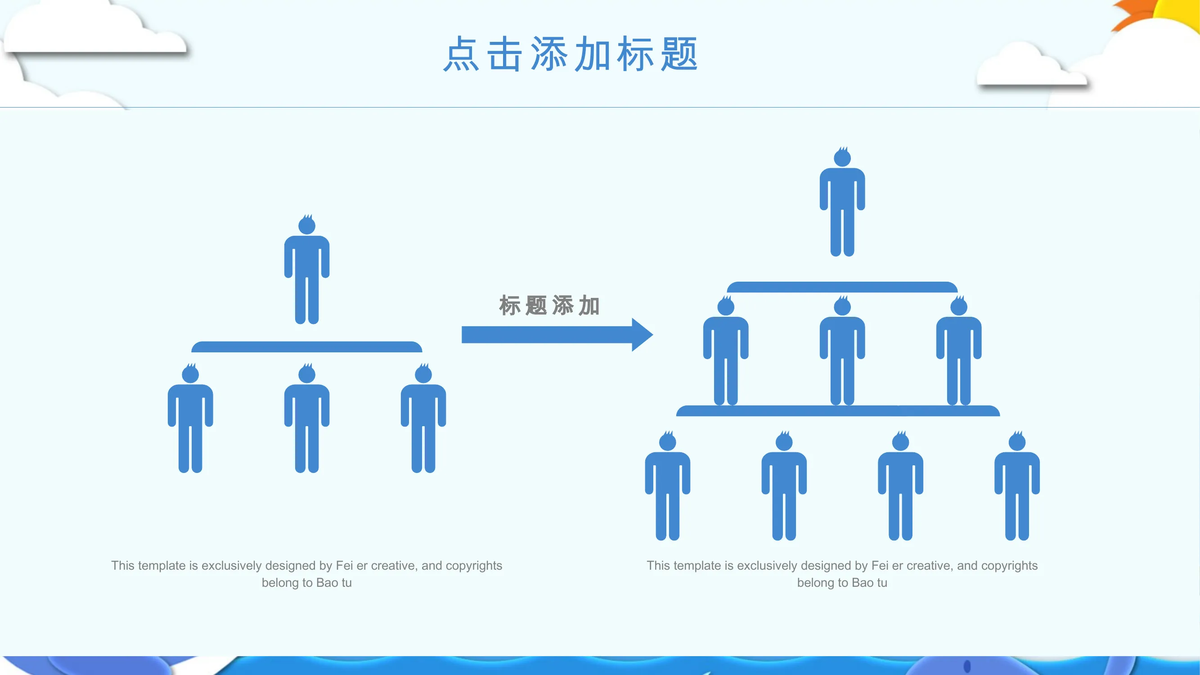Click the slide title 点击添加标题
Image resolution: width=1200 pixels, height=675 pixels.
pos(570,54)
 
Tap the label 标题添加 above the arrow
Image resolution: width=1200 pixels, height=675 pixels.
pos(549,306)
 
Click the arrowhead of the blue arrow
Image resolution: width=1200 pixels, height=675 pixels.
pos(643,334)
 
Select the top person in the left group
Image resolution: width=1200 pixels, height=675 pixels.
pos(307,269)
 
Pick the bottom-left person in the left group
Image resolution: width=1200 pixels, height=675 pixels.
pos(190,418)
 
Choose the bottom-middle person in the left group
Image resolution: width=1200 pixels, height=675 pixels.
pos(307,418)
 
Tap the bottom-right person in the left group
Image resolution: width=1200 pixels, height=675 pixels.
pos(423,418)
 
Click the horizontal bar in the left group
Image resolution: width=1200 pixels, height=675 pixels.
pos(307,346)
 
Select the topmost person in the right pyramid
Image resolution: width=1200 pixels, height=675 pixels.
pos(842,201)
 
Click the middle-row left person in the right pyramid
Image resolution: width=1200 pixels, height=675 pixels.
pos(726,350)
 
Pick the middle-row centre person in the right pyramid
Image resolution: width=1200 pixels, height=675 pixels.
pos(842,350)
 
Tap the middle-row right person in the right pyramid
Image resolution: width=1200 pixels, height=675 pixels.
pos(959,350)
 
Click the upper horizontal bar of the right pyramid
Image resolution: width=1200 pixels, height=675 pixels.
pos(842,287)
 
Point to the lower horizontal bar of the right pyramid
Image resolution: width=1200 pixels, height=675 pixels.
pos(838,411)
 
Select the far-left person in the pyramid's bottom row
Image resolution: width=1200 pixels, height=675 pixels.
pos(668,486)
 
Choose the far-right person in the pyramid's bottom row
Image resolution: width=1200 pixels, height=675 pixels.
pos(1017,486)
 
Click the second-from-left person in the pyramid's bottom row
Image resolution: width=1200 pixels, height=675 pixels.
pos(784,486)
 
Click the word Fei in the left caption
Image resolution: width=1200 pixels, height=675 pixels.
pos(344,565)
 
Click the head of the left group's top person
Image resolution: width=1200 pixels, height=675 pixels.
pos(307,225)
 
